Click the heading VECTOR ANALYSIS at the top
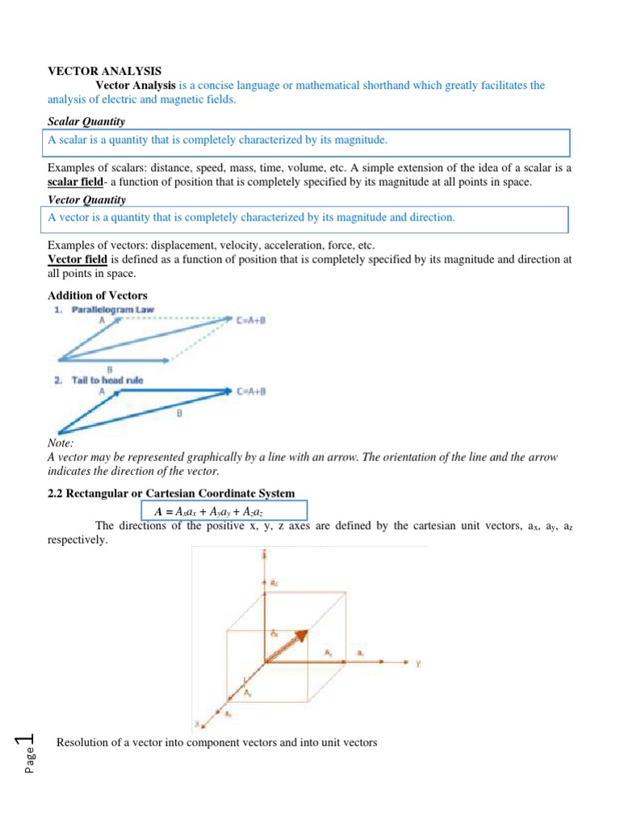coord(95,71)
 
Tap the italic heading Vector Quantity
coord(86,199)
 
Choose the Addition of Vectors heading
coord(98,296)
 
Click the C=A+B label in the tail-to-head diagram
coord(252,392)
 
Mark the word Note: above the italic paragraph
coord(61,443)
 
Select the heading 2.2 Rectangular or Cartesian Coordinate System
coord(171,493)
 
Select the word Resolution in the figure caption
coord(82,741)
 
